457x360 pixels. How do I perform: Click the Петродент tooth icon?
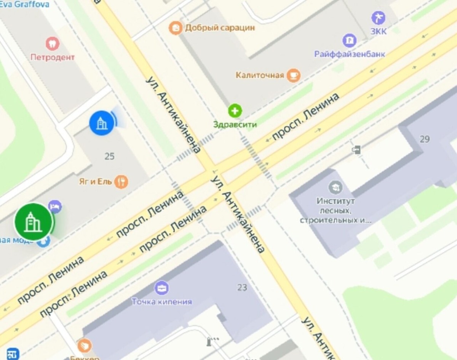53,44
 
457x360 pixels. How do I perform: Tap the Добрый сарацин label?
220,28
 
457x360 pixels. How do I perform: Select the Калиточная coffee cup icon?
293,75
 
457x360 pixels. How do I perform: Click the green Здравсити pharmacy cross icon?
235,111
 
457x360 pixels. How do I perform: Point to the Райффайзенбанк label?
349,54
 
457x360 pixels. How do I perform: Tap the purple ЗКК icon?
378,18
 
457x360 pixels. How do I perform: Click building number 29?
425,139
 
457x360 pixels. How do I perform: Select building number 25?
109,156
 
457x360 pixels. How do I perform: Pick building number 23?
242,288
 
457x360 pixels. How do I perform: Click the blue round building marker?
102,123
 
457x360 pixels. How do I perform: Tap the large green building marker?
34,222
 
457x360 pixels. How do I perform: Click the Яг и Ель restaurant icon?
121,182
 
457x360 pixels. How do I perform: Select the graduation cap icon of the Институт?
336,187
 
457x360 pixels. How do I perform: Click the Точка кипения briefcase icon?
162,288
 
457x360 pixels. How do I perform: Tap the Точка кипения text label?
162,302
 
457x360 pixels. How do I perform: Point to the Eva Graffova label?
25,5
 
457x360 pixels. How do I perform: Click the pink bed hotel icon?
56,207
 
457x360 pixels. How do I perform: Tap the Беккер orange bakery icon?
85,346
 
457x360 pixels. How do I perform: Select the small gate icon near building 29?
356,150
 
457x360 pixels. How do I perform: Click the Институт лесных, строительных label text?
336,210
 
